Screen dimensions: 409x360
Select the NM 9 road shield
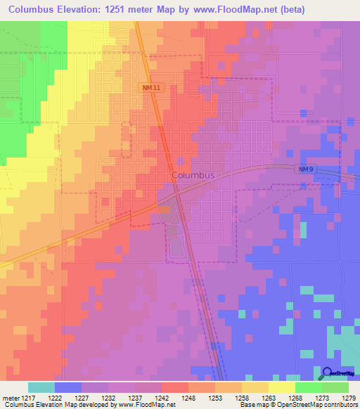[x=304, y=170]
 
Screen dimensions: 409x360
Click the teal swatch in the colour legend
[x=41, y=387]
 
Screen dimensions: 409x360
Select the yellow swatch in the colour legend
[x=281, y=387]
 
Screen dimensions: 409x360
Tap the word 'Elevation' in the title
[x=75, y=11]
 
